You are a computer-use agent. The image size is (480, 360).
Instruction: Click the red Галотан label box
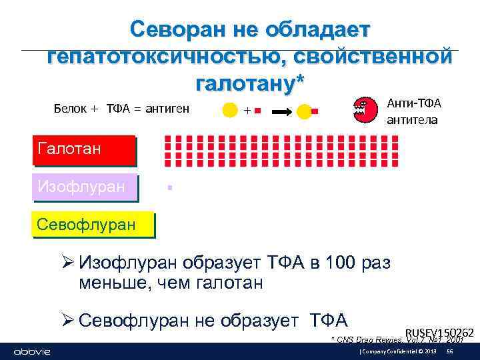83,149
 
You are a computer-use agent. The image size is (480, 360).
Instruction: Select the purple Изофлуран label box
84,187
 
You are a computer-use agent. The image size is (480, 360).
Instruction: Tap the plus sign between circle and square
246,110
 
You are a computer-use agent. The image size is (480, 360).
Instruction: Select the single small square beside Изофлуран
171,188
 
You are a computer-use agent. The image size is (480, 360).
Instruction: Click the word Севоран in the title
172,30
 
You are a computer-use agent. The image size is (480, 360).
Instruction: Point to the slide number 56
449,351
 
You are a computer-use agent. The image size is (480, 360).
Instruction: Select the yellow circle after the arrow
304,111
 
